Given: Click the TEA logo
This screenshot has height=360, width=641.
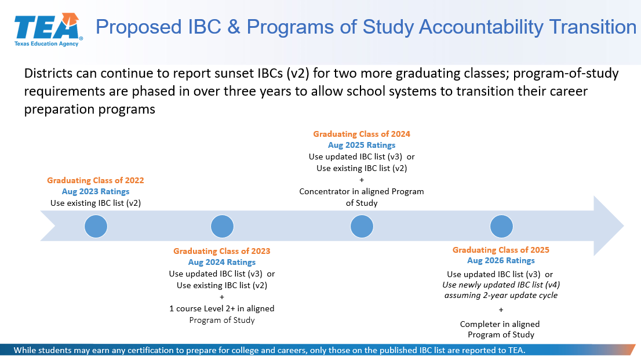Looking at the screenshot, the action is pos(48,30).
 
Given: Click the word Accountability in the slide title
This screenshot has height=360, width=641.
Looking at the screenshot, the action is pos(481,27).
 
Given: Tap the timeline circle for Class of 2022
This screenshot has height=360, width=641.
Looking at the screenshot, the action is pos(96,226).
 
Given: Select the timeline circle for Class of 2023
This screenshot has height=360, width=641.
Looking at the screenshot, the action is pos(222,226).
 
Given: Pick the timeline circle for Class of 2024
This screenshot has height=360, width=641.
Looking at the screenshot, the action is pos(362,226).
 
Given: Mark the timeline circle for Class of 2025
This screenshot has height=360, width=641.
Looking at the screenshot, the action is pos(501,226).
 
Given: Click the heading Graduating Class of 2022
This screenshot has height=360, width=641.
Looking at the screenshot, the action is pos(95,180).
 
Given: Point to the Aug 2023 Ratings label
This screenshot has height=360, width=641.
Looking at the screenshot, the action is pos(95,191).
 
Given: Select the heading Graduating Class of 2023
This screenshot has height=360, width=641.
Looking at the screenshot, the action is pos(221,251).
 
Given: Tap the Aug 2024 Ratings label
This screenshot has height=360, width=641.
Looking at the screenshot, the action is pos(221,262).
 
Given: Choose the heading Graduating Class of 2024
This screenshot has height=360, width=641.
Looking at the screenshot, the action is pos(362,134).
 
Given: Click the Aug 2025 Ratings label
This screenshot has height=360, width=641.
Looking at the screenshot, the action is pos(362,146).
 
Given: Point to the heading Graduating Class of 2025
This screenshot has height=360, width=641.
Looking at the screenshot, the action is pos(501,250).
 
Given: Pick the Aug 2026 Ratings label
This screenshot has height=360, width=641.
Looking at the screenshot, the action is pos(501,261).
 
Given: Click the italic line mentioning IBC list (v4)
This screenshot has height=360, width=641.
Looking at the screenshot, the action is pos(501,285).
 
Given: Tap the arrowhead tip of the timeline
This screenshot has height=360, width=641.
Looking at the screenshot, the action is pos(624,226).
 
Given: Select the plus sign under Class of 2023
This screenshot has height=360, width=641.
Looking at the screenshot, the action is pos(222,297).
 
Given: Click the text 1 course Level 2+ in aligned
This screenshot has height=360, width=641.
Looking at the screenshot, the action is pos(221,308).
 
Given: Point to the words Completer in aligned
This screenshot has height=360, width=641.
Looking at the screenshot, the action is pos(500,324).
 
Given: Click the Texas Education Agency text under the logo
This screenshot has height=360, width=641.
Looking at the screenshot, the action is pos(46,44).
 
